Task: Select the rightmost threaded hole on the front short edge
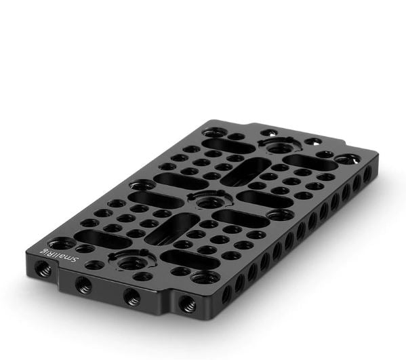tap(188, 303)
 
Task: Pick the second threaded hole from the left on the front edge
tap(83, 284)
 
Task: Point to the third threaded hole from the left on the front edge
tap(131, 297)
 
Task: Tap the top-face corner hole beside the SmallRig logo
tap(62, 244)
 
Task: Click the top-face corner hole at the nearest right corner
tap(205, 277)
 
